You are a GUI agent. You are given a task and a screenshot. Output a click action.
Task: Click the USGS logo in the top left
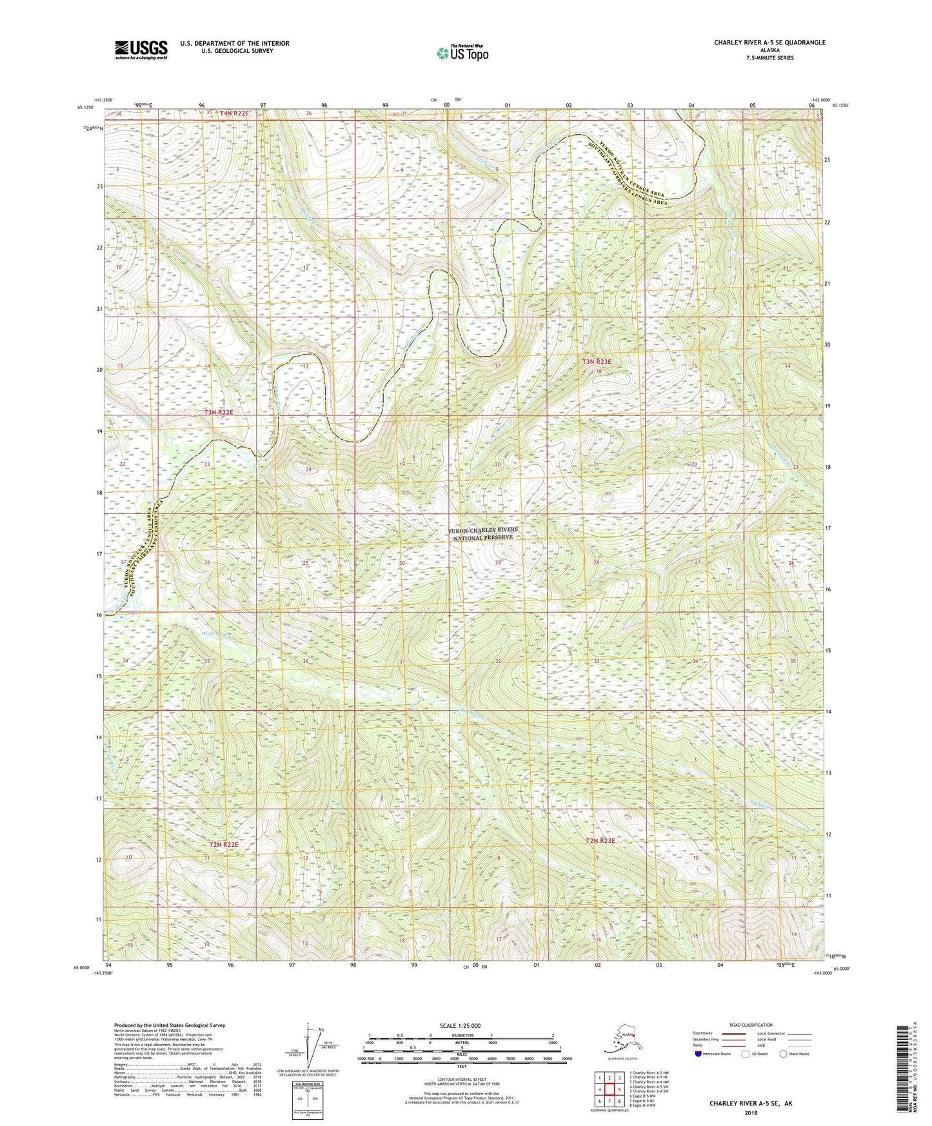[x=141, y=50]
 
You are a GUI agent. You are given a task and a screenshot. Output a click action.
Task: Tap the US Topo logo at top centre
[x=462, y=53]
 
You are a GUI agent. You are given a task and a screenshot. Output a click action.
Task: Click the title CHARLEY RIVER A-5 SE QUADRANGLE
[x=769, y=43]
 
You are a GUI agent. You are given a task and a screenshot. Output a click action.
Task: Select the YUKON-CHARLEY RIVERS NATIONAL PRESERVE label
[x=483, y=533]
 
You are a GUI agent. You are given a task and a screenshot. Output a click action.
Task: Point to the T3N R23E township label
[x=597, y=362]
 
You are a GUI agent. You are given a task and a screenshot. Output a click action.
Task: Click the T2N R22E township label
[x=223, y=844]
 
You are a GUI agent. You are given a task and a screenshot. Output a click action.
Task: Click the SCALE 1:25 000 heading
[x=461, y=1025]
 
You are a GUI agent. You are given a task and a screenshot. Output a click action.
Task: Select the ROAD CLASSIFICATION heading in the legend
[x=751, y=1025]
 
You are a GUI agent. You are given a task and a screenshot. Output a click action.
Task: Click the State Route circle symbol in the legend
[x=784, y=1054]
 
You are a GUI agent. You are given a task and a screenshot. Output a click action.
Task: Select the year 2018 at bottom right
[x=751, y=1112]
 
